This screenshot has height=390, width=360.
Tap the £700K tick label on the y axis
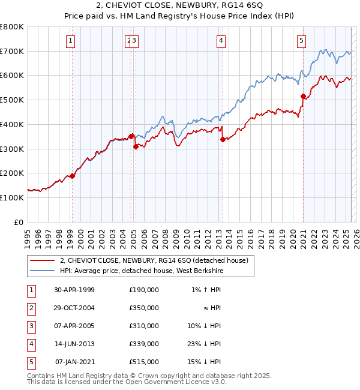12,51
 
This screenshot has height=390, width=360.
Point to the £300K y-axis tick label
12,149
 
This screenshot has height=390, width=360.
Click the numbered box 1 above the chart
71,41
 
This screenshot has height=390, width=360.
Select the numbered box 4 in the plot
221,41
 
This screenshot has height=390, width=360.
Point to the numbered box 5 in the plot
301,41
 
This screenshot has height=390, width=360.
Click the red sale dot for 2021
303,96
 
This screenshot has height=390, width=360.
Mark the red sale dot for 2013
223,139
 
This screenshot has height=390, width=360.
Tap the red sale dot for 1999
73,176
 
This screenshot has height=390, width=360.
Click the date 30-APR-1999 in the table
74,290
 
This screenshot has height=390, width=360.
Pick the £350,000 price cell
144,308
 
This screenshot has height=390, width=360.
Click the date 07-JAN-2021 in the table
75,362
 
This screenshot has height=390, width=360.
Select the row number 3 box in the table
30,326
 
